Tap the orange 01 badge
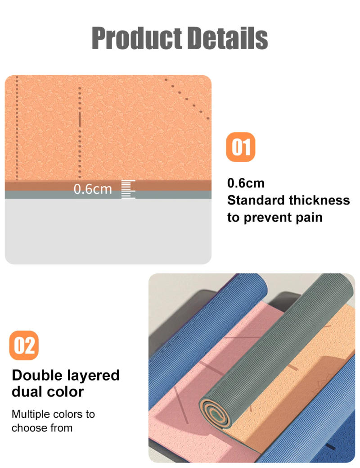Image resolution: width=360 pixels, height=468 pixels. (x=240, y=147)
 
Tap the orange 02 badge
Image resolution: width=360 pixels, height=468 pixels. (x=24, y=345)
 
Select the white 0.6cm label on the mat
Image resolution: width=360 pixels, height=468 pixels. (x=93, y=189)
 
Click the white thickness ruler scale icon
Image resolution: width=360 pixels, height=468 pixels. (x=128, y=189)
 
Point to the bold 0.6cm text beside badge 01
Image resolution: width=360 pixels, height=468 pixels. (x=246, y=183)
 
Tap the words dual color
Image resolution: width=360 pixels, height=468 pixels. (x=48, y=391)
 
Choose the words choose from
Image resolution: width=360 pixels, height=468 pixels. (x=42, y=427)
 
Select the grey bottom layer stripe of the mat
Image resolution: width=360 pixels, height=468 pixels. (x=108, y=195)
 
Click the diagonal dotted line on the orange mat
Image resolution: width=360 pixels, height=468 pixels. (x=187, y=97)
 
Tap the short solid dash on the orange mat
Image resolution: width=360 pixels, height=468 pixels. (x=80, y=119)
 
